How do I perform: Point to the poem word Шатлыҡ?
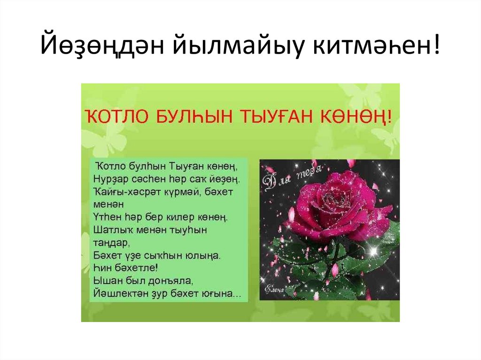click(x=111, y=230)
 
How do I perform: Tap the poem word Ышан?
click(x=106, y=281)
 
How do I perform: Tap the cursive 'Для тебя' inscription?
click(x=293, y=176)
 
